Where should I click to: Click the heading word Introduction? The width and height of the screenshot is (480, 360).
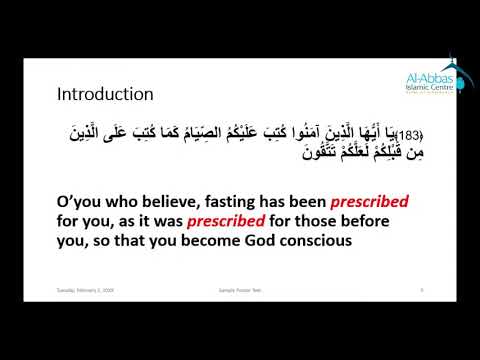coord(104,95)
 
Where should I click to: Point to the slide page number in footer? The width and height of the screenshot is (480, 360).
coord(397,291)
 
